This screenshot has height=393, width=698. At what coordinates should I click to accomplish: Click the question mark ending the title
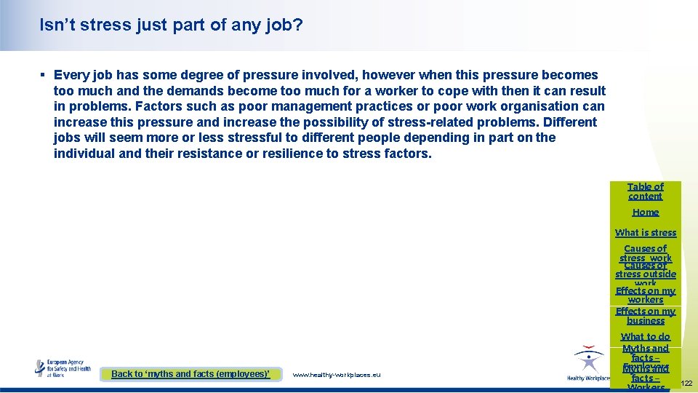tap(298, 25)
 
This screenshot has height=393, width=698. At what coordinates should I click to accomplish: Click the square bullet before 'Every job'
tap(44, 75)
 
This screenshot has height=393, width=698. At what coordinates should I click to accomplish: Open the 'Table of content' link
tap(646, 191)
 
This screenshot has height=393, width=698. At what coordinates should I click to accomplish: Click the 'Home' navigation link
tap(646, 213)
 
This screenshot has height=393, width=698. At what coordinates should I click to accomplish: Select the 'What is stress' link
tap(646, 233)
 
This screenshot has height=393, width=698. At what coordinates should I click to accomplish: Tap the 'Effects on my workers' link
tap(646, 295)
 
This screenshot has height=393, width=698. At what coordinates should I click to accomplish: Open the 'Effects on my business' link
tap(646, 316)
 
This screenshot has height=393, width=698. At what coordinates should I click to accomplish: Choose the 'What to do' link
tap(646, 337)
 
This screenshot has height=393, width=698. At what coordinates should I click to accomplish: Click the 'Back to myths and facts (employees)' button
tap(190, 374)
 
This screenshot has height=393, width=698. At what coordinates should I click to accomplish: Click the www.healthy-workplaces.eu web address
tap(336, 375)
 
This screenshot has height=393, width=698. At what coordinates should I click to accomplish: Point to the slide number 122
tap(687, 383)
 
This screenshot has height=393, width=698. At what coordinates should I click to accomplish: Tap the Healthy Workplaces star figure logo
tap(587, 362)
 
